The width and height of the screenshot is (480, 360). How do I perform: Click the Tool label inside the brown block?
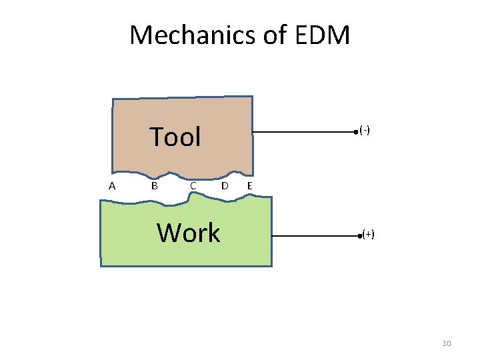[x=175, y=137]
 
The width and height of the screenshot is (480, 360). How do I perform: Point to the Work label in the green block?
[x=188, y=233]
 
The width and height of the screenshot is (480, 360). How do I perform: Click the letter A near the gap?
[x=112, y=186]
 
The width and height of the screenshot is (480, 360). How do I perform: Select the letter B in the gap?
[x=154, y=186]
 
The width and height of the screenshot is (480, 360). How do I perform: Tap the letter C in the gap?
[x=192, y=186]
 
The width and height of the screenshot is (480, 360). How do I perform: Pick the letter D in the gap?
[x=225, y=186]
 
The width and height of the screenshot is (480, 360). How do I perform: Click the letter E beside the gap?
[x=249, y=186]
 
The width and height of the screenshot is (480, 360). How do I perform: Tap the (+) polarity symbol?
[x=368, y=234]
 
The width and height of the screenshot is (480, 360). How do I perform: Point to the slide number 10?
[x=447, y=343]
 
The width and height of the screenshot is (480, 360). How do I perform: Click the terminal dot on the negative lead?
[x=356, y=133]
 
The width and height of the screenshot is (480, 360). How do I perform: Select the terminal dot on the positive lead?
[x=359, y=236]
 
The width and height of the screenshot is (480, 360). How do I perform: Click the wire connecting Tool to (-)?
[x=303, y=133]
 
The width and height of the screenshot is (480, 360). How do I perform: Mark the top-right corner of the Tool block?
[x=252, y=97]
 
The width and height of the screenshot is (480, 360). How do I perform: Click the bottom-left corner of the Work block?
[x=101, y=266]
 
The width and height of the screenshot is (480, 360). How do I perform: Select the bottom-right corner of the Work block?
[x=271, y=266]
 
